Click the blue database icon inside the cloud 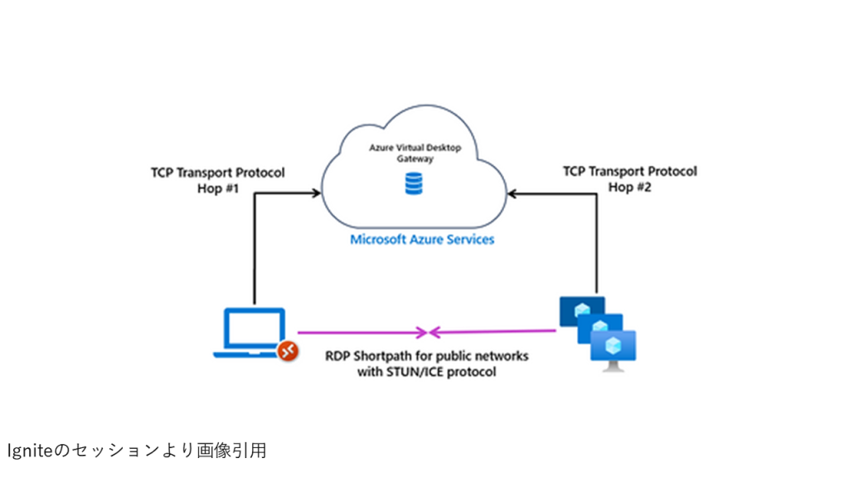(413, 183)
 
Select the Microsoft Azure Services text (422, 240)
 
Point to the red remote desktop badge (287, 351)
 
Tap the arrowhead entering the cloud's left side (316, 193)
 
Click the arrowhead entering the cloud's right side (512, 193)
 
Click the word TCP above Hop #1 (163, 173)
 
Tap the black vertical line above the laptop (253, 249)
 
